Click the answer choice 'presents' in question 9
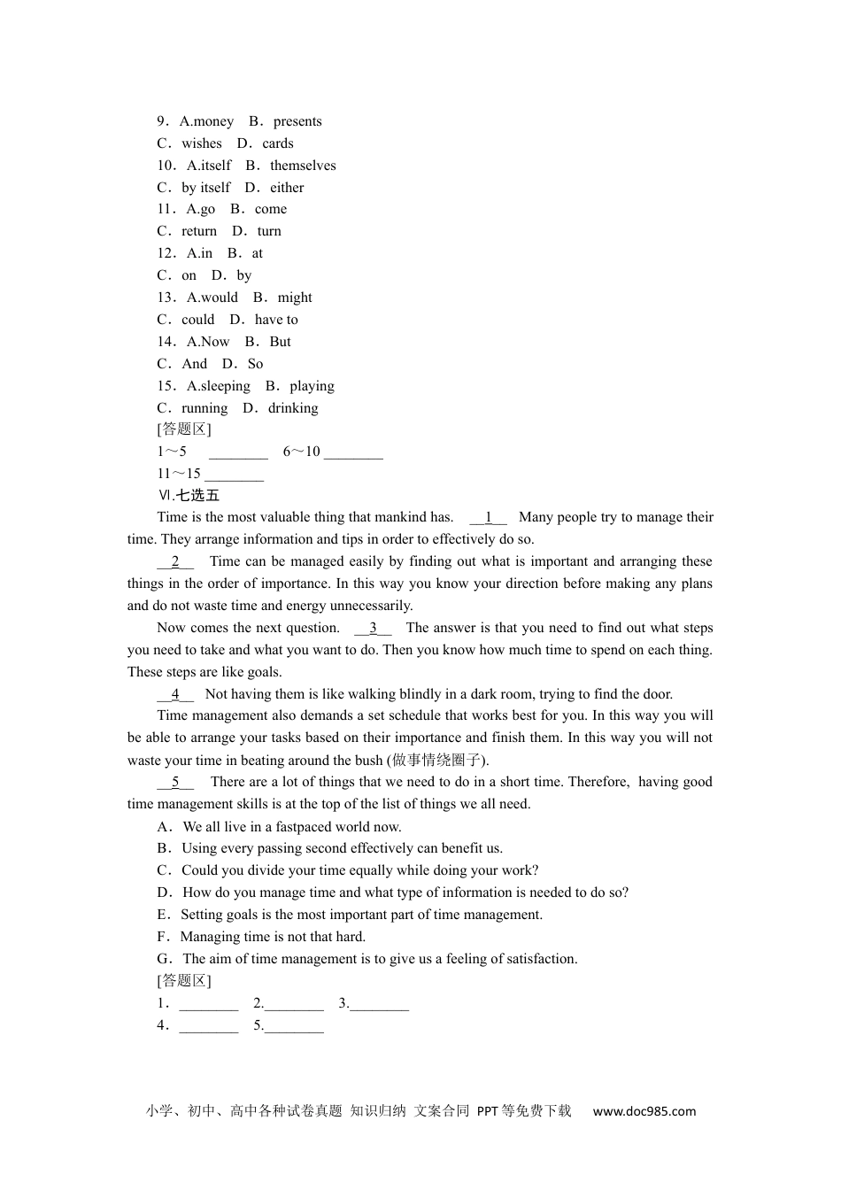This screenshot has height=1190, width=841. point(297,121)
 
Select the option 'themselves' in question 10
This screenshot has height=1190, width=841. point(303,166)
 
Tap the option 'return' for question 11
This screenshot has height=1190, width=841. point(199,231)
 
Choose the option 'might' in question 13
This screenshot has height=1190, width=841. point(295,297)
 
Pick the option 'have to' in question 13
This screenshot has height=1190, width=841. point(276,320)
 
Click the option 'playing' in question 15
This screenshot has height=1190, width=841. point(312,386)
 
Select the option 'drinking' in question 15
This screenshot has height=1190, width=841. point(293,408)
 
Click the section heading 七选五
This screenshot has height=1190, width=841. point(197,496)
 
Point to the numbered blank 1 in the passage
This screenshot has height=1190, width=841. point(488,518)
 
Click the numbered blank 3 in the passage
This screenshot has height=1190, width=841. point(373,629)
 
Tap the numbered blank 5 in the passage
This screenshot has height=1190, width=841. point(175,783)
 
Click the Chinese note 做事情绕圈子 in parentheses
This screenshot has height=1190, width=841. point(436,761)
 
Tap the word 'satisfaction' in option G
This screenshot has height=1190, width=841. point(540,959)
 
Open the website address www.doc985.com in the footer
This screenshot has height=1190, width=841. point(644,1111)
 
